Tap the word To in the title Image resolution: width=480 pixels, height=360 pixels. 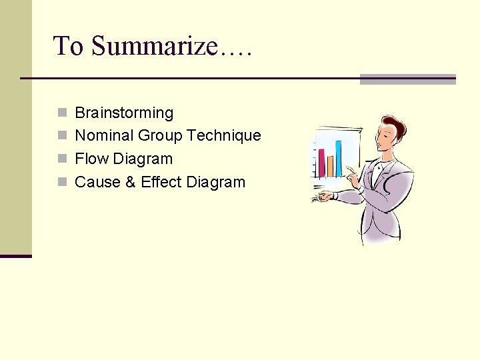pyautogui.click(x=69, y=47)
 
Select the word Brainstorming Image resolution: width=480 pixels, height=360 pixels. pyautogui.click(x=124, y=113)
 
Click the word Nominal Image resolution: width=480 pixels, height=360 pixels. pyautogui.click(x=104, y=136)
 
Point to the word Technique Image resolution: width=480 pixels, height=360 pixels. pyautogui.click(x=223, y=136)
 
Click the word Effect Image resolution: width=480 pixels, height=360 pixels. pyautogui.click(x=161, y=182)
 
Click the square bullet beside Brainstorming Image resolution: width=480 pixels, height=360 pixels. pyautogui.click(x=62, y=113)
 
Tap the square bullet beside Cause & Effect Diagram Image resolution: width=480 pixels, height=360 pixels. pyautogui.click(x=62, y=182)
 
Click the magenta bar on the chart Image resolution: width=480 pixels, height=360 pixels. pyautogui.click(x=322, y=163)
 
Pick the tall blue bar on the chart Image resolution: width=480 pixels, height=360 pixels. pyautogui.click(x=338, y=158)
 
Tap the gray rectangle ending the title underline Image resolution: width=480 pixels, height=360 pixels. pyautogui.click(x=407, y=79)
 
